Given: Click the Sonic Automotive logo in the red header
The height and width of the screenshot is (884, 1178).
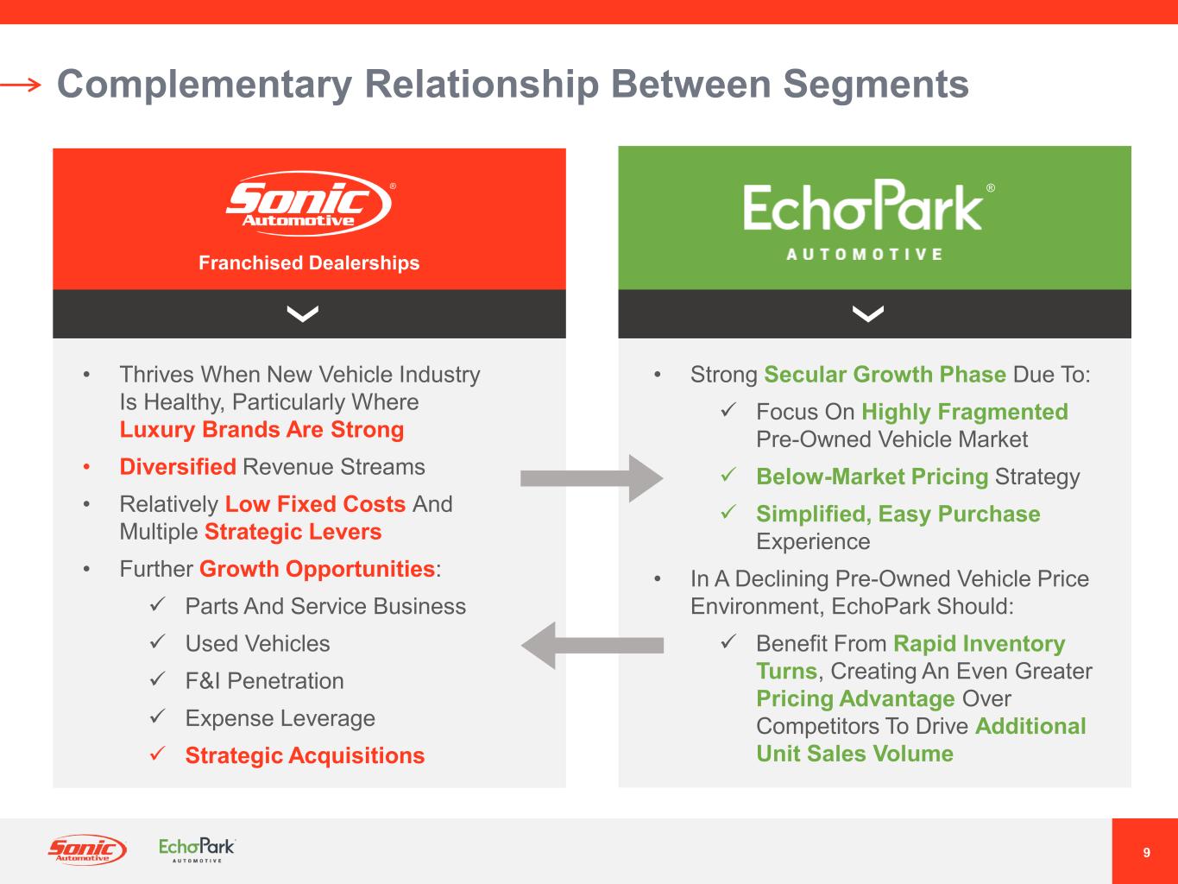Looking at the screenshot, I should (308, 205).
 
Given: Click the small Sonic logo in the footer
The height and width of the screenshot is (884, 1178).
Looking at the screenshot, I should (86, 850).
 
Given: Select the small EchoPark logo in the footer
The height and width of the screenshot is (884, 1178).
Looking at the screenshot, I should (197, 849).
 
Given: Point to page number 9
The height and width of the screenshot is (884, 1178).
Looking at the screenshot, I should (1146, 853).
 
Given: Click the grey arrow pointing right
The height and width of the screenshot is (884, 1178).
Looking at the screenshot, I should (591, 477).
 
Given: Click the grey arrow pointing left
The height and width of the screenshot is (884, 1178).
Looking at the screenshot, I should (591, 645).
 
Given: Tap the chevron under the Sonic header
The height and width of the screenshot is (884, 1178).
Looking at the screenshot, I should (302, 314).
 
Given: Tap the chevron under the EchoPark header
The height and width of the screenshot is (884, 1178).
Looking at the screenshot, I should (867, 314).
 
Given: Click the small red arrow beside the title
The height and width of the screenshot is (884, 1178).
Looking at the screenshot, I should (21, 85).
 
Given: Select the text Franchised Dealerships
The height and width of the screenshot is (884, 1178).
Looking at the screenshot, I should (309, 263).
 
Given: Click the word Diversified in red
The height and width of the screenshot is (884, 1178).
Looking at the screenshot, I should (178, 467).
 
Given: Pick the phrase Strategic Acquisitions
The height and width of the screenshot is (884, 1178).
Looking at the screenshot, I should (305, 755).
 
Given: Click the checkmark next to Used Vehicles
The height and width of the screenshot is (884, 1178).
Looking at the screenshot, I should (157, 643).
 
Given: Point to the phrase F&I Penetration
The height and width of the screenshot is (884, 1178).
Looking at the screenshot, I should (264, 681).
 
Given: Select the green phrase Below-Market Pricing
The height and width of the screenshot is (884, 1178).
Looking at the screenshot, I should (872, 477).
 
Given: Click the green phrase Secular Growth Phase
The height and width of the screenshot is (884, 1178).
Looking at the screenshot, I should (885, 375).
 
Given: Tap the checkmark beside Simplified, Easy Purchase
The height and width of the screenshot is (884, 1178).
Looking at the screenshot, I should (728, 514).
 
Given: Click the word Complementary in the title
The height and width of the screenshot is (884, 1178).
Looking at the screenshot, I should (204, 85).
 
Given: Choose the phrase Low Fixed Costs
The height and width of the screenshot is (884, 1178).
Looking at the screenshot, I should (315, 504).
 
